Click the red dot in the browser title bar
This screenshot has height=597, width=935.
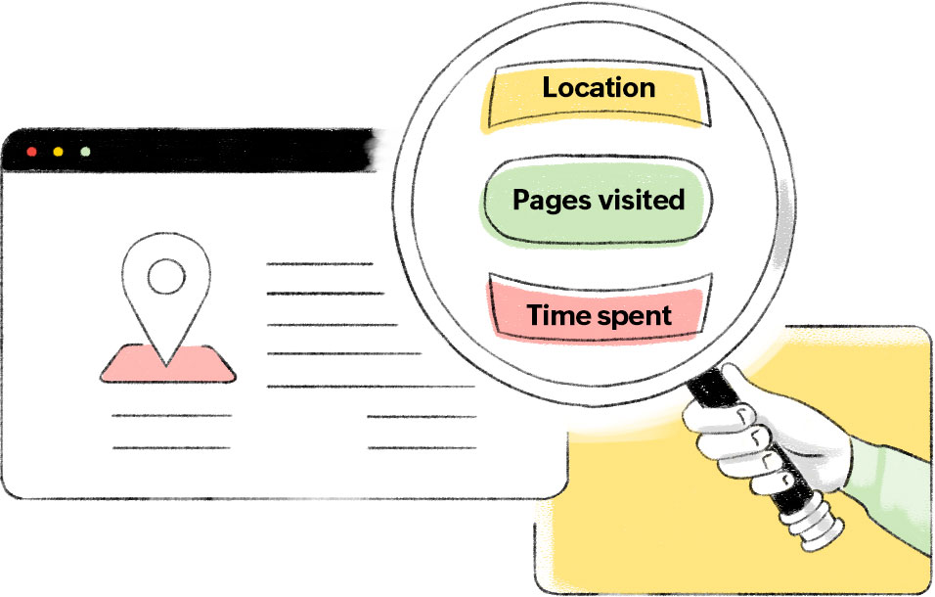(31, 153)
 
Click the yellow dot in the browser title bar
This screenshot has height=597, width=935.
(58, 153)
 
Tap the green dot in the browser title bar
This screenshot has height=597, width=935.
(85, 153)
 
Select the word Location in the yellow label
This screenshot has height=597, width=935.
(599, 88)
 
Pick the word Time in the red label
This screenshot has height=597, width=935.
(556, 315)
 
